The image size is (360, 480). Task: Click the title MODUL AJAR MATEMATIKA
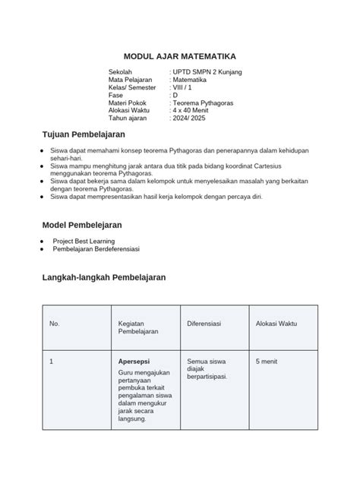(180, 56)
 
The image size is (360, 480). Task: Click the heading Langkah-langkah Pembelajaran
(103, 278)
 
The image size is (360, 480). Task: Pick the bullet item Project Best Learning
(89, 241)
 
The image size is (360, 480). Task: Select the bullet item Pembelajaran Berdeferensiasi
(102, 249)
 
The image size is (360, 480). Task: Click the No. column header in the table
(54, 324)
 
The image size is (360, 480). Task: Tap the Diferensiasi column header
(204, 324)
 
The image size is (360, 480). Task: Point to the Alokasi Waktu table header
(276, 324)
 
